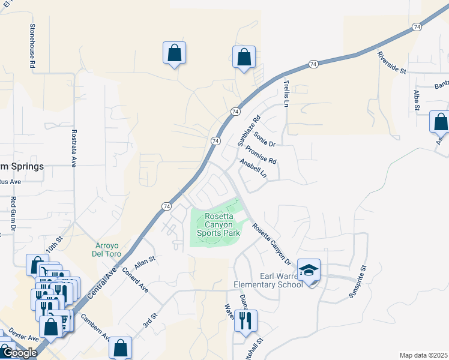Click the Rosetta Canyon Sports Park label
click(222, 224)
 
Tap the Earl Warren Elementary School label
click(281, 280)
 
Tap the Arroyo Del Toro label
click(109, 250)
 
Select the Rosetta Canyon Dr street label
click(271, 244)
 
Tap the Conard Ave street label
click(135, 280)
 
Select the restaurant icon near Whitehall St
click(246, 320)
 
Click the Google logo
click(19, 353)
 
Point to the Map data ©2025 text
click(423, 355)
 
